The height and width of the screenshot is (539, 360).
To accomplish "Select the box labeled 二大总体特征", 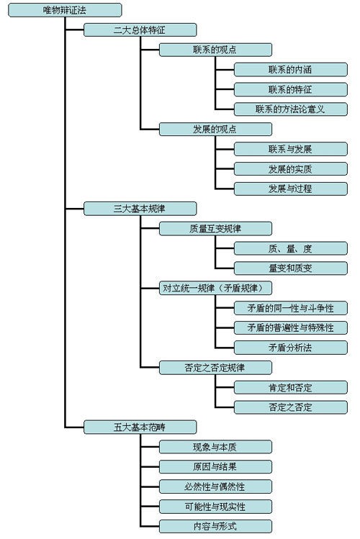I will [x=140, y=30].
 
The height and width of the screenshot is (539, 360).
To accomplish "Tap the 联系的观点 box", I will [x=215, y=50].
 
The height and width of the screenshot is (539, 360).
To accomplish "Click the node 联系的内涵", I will [x=290, y=70].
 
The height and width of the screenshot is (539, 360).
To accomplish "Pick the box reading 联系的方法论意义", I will [x=290, y=109].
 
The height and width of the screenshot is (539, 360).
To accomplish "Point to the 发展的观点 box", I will [x=215, y=130].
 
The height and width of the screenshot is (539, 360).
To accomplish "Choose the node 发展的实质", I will [x=290, y=169].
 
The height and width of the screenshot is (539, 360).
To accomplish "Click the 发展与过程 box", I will [x=290, y=189].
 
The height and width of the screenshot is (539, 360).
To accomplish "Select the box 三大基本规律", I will [x=140, y=209].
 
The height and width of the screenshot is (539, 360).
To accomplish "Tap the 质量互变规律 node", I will [x=215, y=229].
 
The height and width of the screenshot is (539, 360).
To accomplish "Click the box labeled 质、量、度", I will [x=290, y=248].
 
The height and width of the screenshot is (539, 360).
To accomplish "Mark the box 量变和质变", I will [x=290, y=268].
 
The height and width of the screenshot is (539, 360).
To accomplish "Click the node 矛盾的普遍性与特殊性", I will [x=290, y=327].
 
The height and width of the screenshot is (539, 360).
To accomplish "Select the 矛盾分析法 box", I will [x=290, y=348].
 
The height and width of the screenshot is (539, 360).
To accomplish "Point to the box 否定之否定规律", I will [x=215, y=367].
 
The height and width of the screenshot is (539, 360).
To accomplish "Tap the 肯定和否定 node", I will [x=290, y=387].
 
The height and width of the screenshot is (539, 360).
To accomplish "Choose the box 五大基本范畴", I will [x=140, y=427].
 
